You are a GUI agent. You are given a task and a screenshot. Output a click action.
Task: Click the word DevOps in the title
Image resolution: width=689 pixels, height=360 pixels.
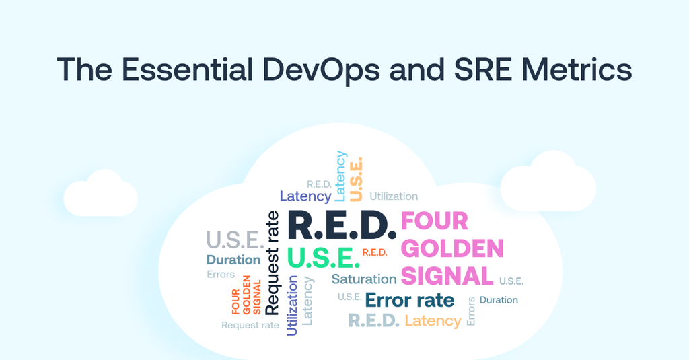pos(321,69)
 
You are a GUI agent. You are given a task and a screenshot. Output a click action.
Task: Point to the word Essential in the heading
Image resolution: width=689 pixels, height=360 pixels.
pos(187,69)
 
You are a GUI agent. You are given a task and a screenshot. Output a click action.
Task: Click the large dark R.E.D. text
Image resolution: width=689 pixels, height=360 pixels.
pos(341,225)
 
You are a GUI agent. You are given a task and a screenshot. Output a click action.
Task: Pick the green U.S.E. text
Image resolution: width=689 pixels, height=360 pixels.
pos(324,258)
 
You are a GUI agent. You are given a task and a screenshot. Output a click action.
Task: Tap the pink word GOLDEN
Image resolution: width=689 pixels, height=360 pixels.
pos(452,248)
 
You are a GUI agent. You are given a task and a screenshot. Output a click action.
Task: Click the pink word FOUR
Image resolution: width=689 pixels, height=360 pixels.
pos(434,221)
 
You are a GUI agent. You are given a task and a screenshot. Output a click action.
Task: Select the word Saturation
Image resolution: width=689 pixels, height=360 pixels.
pos(364,279)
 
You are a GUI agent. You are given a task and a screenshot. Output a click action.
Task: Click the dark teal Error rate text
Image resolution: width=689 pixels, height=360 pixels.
pos(410,300)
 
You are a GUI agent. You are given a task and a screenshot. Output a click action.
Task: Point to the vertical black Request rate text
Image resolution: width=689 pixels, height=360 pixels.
pos(273,263)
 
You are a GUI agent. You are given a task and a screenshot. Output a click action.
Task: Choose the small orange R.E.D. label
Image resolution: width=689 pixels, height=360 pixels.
pos(375,252)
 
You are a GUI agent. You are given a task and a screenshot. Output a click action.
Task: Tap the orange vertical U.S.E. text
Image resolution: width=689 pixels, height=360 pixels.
pos(356,180)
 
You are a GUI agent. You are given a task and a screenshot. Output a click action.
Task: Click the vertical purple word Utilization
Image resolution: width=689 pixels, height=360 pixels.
pos(292,305)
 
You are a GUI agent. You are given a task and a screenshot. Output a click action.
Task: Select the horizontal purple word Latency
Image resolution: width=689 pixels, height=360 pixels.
pos(305,196)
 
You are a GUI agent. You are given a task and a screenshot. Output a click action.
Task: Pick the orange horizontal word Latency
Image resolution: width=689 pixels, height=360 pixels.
pos(433,321)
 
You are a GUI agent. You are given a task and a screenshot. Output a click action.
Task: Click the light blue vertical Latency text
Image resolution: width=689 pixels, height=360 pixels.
pos(340,176)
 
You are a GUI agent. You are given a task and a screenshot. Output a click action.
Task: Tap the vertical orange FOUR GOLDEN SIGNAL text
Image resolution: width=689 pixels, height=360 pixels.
pos(246,295)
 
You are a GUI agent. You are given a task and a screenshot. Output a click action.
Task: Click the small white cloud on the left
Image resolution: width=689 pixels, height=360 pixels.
pos(101,193)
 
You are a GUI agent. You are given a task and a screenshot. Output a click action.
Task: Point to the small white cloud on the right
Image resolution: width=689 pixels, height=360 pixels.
pos(548,181)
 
